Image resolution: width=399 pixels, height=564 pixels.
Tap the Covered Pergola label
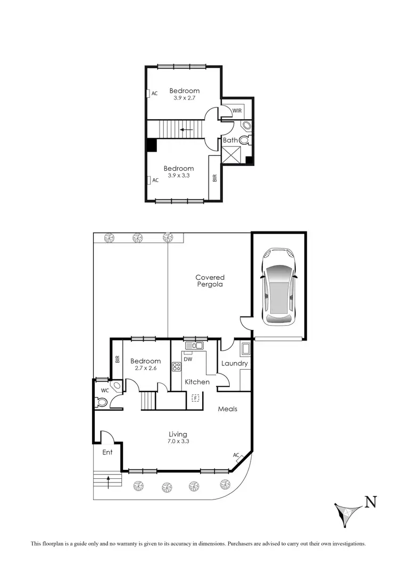tap(210, 281)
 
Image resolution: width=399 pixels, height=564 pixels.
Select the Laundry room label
tap(235, 363)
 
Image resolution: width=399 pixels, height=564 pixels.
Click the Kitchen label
tap(197, 382)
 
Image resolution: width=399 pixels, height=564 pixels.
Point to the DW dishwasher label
tap(188, 358)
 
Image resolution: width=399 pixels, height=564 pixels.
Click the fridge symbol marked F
tap(196, 397)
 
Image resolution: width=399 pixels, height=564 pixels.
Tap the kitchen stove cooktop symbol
tap(177, 366)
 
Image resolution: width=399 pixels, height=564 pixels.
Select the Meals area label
tap(227, 409)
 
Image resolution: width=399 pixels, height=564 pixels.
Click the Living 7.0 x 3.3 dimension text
tap(178, 441)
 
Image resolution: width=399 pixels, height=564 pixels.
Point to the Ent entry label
tap(107, 452)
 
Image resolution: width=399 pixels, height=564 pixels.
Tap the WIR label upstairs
tap(237, 110)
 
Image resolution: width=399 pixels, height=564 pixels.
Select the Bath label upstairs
tap(230, 140)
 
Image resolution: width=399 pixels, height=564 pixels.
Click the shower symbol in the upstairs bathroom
tap(232, 156)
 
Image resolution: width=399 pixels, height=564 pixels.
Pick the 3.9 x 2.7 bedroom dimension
tap(185, 98)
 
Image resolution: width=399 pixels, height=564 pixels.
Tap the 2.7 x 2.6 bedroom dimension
tap(145, 368)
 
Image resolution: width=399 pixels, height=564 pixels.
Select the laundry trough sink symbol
tap(246, 350)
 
